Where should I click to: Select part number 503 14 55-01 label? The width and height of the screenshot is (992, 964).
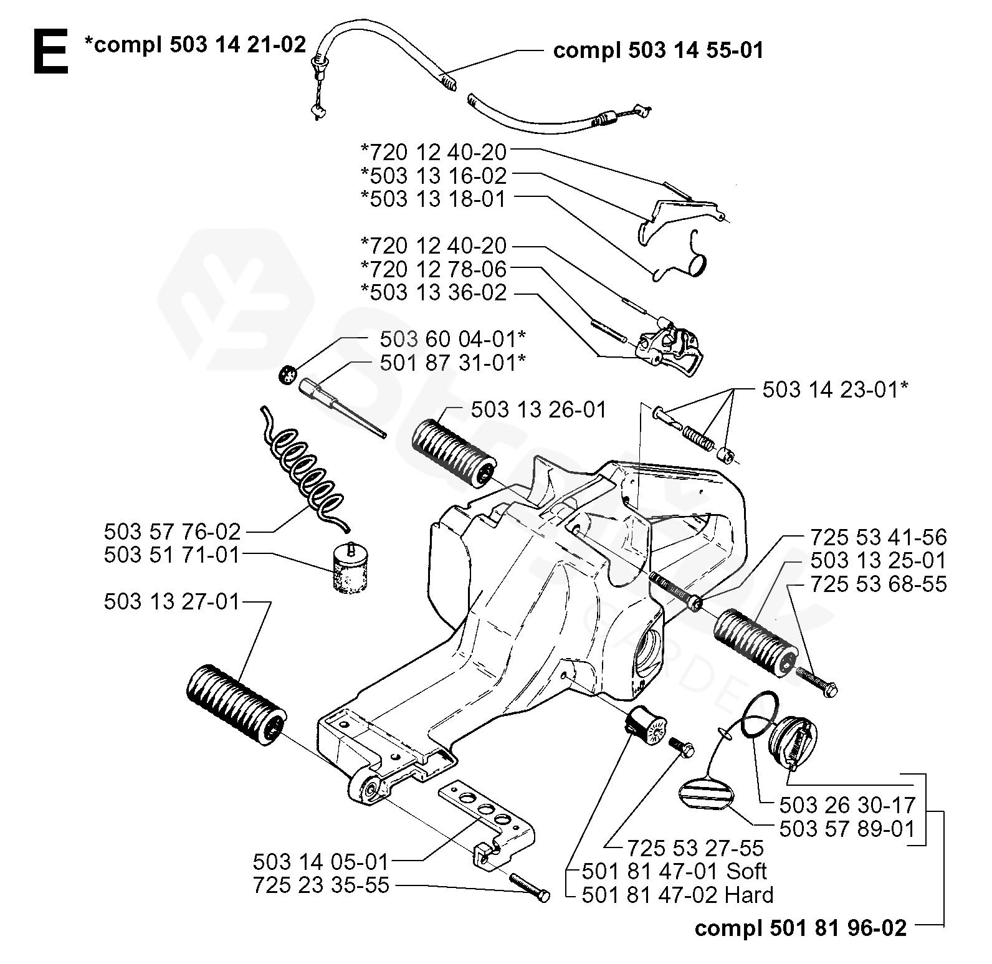point(658,50)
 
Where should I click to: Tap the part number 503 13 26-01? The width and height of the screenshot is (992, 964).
point(538,410)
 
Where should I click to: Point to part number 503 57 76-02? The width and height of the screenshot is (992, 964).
point(172,532)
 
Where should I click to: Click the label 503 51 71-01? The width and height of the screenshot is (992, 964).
point(172,555)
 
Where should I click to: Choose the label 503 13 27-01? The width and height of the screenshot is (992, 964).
point(172,602)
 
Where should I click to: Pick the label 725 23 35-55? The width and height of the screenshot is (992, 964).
point(321,885)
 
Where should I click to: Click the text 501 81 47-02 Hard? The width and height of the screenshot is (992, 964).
point(677,895)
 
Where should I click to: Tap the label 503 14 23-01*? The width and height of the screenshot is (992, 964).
point(836,390)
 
